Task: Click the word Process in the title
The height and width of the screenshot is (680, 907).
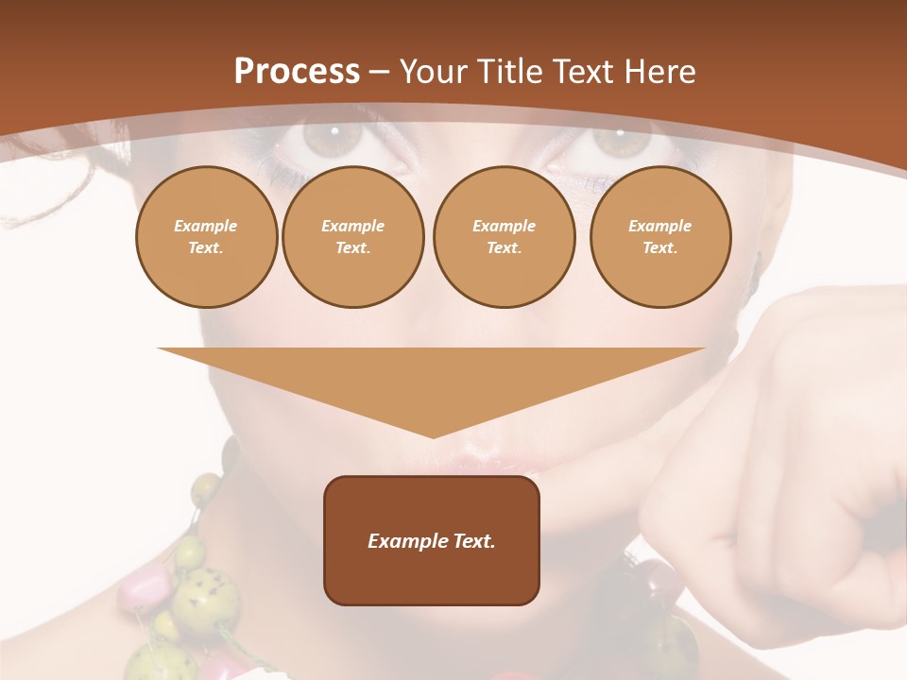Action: [x=297, y=72]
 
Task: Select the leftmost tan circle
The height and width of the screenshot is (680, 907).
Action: [x=206, y=237]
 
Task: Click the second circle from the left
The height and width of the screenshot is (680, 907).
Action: [x=352, y=237]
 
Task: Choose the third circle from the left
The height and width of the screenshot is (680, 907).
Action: [x=504, y=237]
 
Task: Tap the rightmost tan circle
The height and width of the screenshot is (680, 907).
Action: [x=659, y=237]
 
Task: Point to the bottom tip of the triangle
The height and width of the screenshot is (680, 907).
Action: [x=433, y=435]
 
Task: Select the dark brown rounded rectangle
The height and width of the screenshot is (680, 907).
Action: [x=432, y=576]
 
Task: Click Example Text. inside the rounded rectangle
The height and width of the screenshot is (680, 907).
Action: [x=432, y=541]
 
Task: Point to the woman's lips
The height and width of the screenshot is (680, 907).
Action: [x=491, y=463]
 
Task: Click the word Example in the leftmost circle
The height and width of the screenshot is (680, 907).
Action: [x=206, y=226]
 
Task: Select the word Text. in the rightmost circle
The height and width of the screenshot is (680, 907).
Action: [x=659, y=248]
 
